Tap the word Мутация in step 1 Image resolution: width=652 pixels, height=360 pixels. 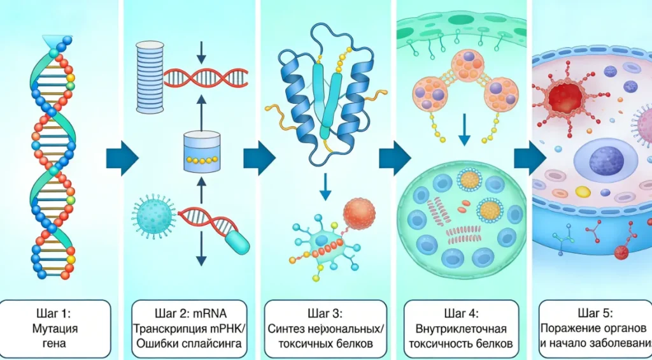click(x=55, y=329)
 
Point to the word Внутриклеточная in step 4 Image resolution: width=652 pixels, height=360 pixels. click(x=460, y=329)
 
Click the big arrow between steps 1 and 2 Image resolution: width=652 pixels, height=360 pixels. click(x=120, y=157)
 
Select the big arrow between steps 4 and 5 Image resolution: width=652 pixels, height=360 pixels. click(x=529, y=157)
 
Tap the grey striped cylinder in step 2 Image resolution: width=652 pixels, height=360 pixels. click(x=150, y=78)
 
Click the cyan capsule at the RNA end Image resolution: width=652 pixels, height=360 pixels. click(x=236, y=241)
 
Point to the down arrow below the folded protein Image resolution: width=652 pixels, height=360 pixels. click(x=325, y=185)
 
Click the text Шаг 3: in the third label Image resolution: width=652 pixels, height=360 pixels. click(x=325, y=313)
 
